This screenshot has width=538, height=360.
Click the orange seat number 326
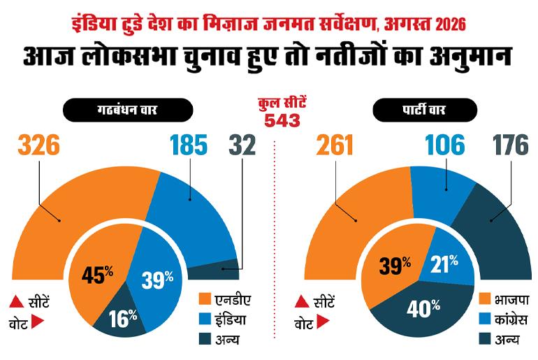pos(38,145)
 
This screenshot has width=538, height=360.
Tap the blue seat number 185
pos(189,145)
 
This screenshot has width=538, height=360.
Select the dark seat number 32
pos(242,145)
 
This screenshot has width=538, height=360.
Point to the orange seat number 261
pos(335,145)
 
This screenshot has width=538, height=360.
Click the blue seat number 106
pos(444,145)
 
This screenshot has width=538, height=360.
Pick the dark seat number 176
pos(511,145)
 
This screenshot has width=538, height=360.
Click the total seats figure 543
pos(282,120)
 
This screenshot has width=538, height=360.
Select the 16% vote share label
pos(122,318)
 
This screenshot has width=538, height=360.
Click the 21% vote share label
pos(444,264)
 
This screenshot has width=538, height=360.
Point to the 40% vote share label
pos(423,308)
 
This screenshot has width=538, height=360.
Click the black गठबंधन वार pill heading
pos(128,110)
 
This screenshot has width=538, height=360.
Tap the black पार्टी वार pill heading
pos(425,110)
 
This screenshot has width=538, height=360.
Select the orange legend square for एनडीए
pos(205,298)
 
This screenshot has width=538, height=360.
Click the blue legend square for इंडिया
pos(205,319)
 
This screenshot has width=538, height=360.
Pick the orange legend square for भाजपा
pos(485,298)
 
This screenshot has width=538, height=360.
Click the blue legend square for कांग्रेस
pos(485,319)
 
